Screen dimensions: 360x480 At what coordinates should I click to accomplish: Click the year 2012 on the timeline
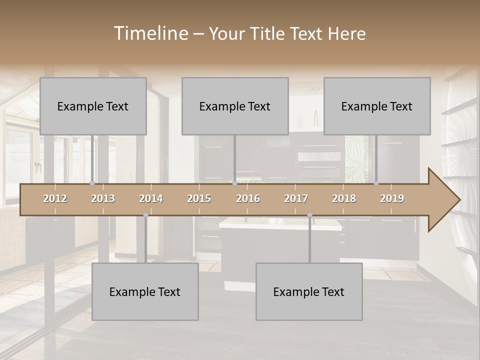(x=55, y=198)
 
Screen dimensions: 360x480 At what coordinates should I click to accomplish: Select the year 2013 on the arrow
(x=103, y=198)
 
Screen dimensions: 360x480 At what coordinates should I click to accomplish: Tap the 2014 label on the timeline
(x=151, y=198)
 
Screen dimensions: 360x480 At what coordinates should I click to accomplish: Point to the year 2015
(x=199, y=198)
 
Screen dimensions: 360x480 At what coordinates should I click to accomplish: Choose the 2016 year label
(x=248, y=198)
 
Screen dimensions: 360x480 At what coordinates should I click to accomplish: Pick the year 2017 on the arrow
(x=296, y=198)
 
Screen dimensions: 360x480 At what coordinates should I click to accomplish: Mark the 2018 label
(x=344, y=198)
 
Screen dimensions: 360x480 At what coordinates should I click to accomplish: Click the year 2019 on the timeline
(x=392, y=198)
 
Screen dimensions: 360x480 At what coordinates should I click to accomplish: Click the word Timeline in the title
(x=150, y=33)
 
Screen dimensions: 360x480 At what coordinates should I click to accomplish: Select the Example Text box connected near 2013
(x=93, y=106)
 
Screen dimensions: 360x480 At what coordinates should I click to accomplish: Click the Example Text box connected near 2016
(x=235, y=106)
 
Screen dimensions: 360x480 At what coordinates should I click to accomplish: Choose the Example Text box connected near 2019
(x=377, y=106)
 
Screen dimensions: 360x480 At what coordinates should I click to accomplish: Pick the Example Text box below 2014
(x=145, y=291)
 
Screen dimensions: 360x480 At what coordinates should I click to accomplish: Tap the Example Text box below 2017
(x=309, y=291)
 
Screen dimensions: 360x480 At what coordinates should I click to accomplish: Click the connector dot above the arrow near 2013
(x=92, y=183)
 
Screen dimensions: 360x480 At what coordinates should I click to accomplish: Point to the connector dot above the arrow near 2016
(x=235, y=183)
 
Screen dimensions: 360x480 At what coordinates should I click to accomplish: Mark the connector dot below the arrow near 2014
(x=145, y=215)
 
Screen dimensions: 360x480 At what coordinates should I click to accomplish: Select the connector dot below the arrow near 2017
(x=309, y=215)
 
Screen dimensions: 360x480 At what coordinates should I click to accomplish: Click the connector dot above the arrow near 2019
(x=376, y=183)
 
